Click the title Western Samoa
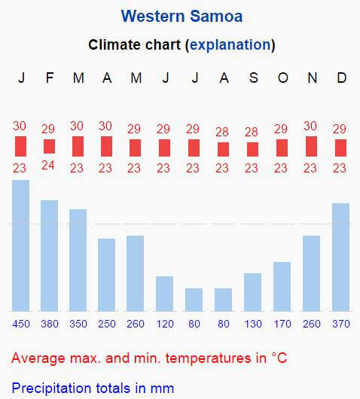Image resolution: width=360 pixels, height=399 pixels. (x=182, y=17)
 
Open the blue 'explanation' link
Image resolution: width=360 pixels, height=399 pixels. (x=230, y=45)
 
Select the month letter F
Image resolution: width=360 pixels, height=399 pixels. (x=50, y=78)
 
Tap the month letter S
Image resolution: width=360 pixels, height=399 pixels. (x=253, y=78)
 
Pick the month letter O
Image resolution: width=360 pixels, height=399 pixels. (x=283, y=78)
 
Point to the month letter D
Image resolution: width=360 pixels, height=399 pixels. (x=342, y=78)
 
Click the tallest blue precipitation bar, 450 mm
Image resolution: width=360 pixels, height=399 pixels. (x=20, y=245)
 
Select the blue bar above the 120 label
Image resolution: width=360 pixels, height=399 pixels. (x=164, y=294)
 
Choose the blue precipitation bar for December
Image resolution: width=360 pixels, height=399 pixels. (x=340, y=257)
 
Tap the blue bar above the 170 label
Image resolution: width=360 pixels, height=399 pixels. (x=282, y=287)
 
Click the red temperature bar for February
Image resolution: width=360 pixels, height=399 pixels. (x=49, y=146)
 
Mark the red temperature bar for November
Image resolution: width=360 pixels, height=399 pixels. (x=311, y=146)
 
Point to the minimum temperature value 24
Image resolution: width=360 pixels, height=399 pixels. (x=48, y=166)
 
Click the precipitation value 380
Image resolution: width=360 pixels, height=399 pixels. (x=50, y=324)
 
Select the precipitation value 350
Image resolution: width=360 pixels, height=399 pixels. (x=78, y=324)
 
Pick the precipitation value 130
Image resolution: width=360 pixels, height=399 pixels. (x=253, y=324)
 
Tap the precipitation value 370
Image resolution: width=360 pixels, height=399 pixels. (x=341, y=324)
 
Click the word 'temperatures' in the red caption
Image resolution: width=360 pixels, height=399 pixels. (x=209, y=358)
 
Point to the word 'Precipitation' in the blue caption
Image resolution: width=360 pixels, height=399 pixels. (x=51, y=388)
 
